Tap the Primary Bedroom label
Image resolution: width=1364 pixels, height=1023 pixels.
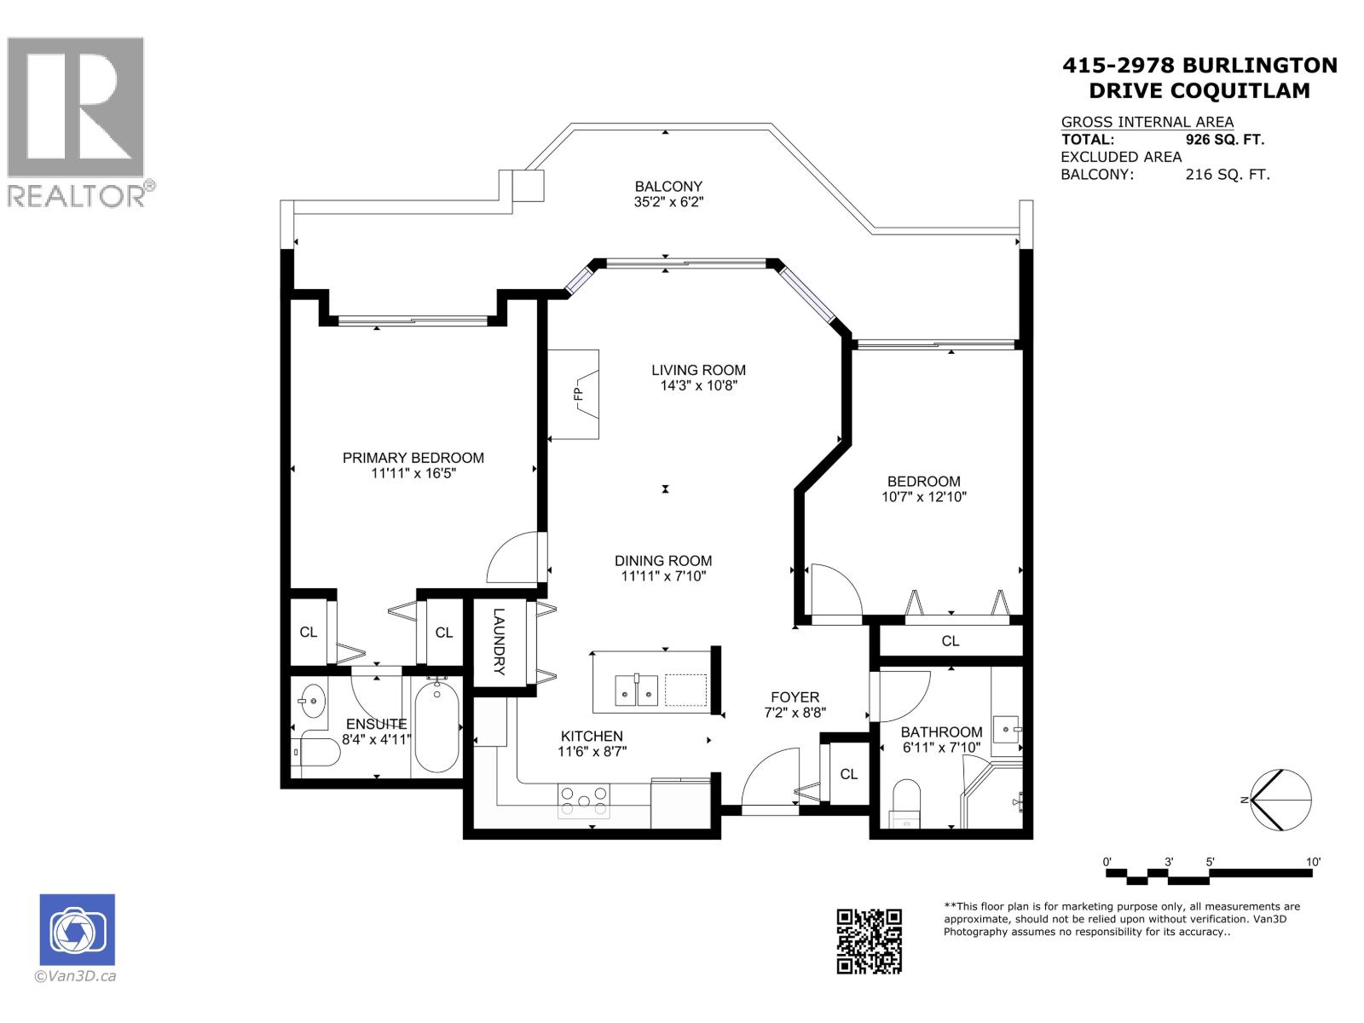pos(413,458)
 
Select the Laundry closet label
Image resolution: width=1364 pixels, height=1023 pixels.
pos(500,641)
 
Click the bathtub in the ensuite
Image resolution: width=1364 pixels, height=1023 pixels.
pos(437,724)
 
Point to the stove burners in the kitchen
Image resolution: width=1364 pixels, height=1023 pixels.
pos(584,800)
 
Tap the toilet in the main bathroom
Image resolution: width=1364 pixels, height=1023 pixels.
pos(905,803)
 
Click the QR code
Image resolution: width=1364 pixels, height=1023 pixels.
pos(869,941)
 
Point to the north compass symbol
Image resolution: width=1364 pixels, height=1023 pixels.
pos(1280,800)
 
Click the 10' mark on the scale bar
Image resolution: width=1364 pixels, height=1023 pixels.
pos(1313,863)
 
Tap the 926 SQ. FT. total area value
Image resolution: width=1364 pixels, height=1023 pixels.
pos(1224,140)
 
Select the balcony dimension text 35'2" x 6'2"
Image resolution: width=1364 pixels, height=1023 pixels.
pos(668,202)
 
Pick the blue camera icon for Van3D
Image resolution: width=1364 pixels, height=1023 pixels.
pos(77,929)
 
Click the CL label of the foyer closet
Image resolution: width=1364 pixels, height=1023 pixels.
pos(848,774)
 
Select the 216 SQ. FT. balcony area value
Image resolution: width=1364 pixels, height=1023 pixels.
pos(1227,175)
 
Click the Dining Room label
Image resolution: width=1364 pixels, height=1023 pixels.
pos(663,560)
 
